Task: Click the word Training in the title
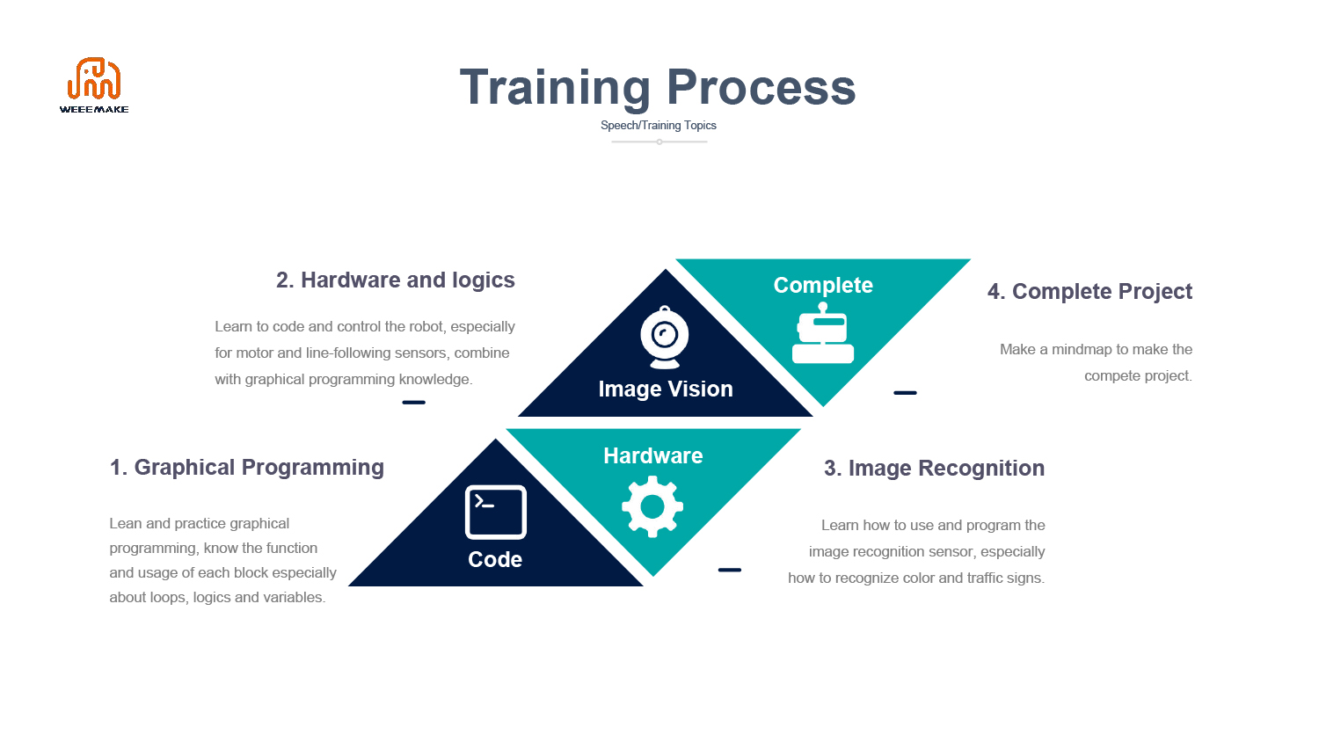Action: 555,88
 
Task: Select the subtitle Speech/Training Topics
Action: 659,126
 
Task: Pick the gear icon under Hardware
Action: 652,506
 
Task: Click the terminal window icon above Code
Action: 496,512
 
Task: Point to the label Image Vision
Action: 666,389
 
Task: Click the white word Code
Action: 494,559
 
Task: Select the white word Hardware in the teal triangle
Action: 653,455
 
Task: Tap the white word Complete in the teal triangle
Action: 823,286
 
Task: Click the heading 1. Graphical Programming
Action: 247,468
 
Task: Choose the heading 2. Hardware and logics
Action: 396,280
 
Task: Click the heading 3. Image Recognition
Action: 935,469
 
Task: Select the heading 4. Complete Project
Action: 1090,292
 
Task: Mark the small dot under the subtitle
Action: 659,142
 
